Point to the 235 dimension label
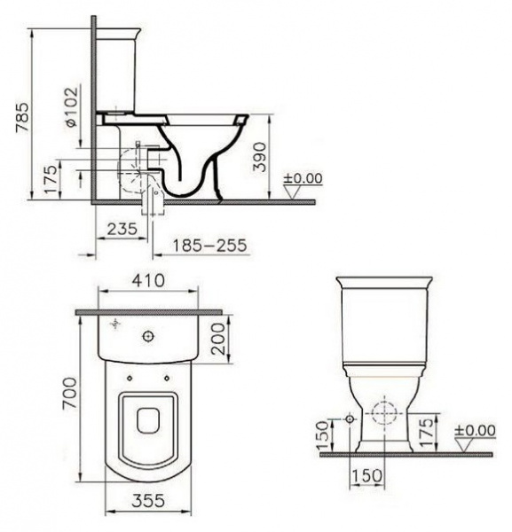click(x=122, y=228)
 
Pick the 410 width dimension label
click(x=148, y=282)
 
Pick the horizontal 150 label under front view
click(x=367, y=476)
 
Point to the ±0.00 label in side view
click(x=303, y=179)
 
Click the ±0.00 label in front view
click(x=475, y=431)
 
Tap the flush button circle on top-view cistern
click(x=148, y=336)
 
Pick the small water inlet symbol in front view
click(x=350, y=417)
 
